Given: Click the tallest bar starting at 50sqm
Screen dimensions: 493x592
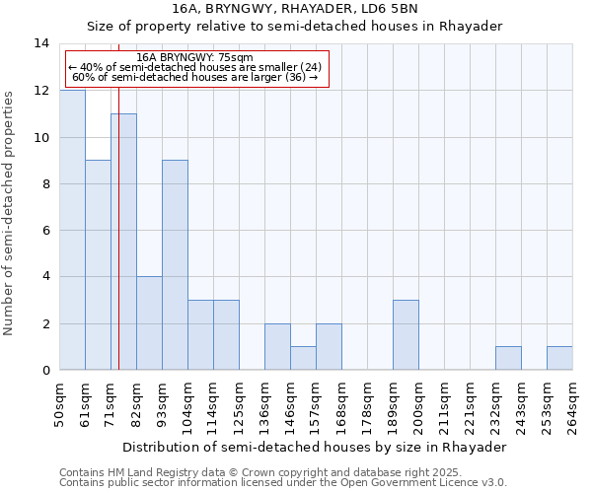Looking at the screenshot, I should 72,230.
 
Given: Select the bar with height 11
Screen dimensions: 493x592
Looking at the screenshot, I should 123,242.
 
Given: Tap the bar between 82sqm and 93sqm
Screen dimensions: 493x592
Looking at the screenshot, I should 149,323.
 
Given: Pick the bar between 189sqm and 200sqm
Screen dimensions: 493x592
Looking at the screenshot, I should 406,335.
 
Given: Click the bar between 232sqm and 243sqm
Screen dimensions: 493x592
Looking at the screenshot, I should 508,358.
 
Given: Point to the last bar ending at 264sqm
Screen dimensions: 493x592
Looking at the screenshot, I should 559,358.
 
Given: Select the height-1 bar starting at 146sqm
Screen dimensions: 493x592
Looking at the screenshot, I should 303,358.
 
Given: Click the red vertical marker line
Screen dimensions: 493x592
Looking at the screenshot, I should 118,246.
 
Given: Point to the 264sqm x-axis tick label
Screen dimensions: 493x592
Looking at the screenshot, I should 573,402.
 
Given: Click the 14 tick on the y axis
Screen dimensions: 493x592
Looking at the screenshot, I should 41,43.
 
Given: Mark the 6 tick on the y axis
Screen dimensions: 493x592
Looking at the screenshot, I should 45,231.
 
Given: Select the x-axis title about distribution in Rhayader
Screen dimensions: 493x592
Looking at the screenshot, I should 316,447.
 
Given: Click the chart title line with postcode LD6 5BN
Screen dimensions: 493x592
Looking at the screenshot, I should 296,9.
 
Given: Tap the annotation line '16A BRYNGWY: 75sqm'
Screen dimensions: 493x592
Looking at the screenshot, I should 195,57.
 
